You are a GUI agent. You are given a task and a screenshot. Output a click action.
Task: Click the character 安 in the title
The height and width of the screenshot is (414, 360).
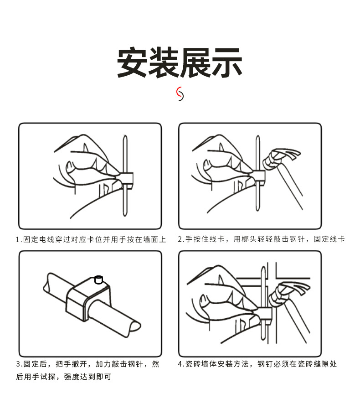coord(132,62)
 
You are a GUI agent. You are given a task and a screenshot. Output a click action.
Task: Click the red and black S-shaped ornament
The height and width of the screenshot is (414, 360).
coord(180,94)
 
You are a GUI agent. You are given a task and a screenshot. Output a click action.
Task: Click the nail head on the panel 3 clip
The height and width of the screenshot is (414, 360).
coord(98,279)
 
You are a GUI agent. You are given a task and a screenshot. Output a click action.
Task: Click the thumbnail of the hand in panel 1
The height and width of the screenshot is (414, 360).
coord(70,166)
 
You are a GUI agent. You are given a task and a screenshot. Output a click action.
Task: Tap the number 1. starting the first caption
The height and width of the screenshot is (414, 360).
coord(19,239)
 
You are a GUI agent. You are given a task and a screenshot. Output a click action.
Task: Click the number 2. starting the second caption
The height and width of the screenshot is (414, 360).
coord(181,239)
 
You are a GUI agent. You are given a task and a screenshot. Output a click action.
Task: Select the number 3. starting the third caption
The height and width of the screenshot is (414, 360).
coord(19,364)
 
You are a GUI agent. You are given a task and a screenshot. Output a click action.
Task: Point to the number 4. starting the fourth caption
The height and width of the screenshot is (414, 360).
coord(181,364)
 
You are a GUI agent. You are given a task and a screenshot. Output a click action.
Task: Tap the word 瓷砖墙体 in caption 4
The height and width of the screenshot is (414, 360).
coord(201,364)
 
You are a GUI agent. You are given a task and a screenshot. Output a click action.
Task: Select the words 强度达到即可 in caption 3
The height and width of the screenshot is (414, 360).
coord(87,377)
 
